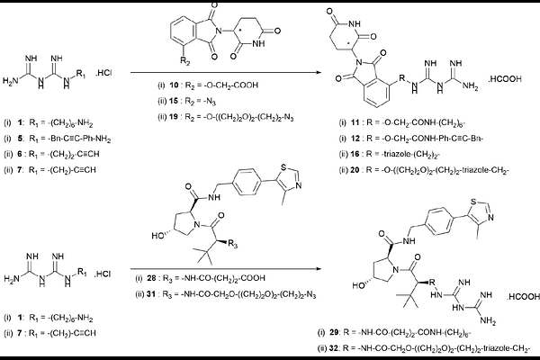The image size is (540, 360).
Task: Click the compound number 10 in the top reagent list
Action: pyautogui.click(x=174, y=85)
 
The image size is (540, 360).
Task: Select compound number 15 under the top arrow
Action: pyautogui.click(x=174, y=101)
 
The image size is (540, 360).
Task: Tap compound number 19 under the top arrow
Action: pyautogui.click(x=174, y=117)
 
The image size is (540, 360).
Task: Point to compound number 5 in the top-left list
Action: pyautogui.click(x=21, y=139)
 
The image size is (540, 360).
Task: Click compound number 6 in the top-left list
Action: pyautogui.click(x=20, y=154)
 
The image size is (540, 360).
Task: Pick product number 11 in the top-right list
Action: pyautogui.click(x=355, y=122)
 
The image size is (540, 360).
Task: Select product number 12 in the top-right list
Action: pyautogui.click(x=355, y=139)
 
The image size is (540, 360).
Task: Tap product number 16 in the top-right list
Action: pyautogui.click(x=355, y=154)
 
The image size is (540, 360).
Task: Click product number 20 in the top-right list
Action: pyautogui.click(x=355, y=170)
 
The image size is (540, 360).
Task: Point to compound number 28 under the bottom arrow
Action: pyautogui.click(x=151, y=278)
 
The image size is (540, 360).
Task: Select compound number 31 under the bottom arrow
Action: pyautogui.click(x=151, y=294)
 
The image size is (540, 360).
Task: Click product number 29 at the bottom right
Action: pyautogui.click(x=334, y=332)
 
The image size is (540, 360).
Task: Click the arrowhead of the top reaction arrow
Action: pyautogui.click(x=318, y=73)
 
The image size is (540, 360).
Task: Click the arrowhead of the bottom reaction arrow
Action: pyautogui.click(x=318, y=269)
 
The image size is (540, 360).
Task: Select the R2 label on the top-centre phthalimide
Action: pyautogui.click(x=185, y=60)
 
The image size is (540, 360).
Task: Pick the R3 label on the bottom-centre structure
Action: pyautogui.click(x=233, y=245)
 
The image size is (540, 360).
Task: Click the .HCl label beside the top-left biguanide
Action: pyautogui.click(x=103, y=73)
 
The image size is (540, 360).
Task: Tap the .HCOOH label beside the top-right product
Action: pyautogui.click(x=505, y=79)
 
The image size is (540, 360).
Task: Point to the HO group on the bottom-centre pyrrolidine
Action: pyautogui.click(x=158, y=236)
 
